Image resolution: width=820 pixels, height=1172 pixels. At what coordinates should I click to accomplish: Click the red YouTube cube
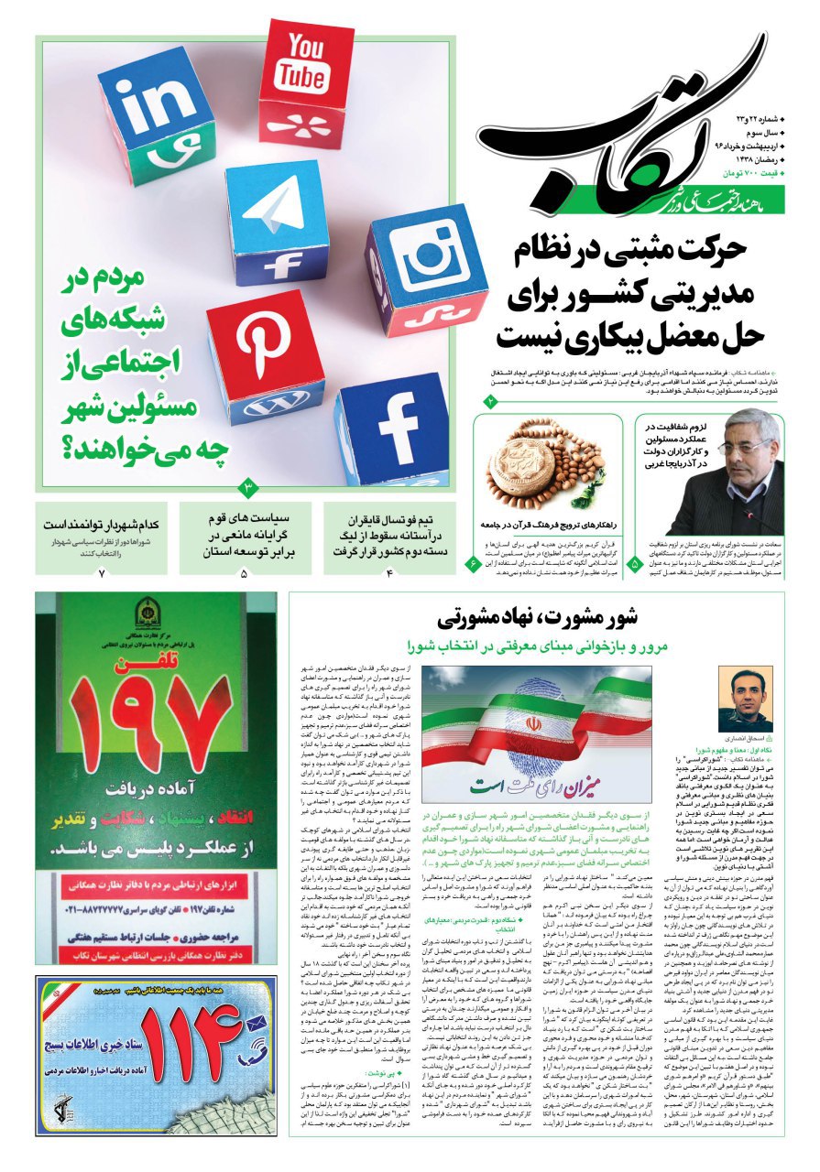pos(305,76)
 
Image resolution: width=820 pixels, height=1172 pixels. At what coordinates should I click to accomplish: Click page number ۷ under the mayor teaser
pos(102,573)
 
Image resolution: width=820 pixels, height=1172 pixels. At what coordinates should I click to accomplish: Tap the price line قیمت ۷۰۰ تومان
pos(752,173)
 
